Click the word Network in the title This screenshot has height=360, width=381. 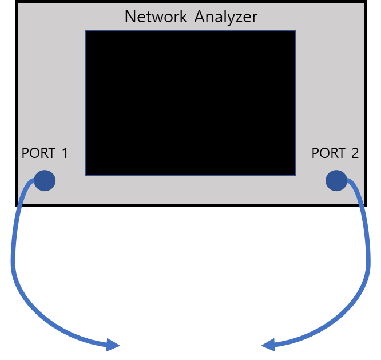pos(155,17)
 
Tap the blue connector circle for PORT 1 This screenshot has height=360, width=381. pos(45,181)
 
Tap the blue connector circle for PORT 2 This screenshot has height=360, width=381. pos(336,181)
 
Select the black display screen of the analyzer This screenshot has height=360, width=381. pos(190,103)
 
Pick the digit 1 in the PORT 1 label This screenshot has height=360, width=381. pos(64,153)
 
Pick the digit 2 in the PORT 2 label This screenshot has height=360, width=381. pos(355,153)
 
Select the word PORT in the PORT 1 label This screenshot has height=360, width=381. pos(39,153)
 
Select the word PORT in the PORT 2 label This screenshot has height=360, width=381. pos(328,153)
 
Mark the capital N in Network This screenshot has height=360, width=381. pos(130,17)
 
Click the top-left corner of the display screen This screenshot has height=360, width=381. pos(86,31)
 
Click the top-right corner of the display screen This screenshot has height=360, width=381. pos(295,31)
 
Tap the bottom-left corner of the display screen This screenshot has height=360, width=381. pos(86,175)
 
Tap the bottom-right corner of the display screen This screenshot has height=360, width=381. pos(295,175)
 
